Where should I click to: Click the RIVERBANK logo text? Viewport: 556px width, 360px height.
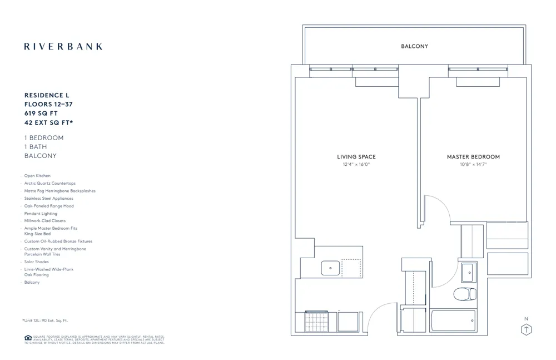(63, 47)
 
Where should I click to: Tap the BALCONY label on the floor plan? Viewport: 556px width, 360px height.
(414, 46)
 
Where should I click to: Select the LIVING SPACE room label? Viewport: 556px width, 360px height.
(356, 157)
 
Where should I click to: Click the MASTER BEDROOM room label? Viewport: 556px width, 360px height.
(473, 157)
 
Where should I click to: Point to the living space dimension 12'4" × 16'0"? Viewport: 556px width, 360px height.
(356, 165)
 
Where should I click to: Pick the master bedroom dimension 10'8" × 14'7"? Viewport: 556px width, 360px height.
(473, 165)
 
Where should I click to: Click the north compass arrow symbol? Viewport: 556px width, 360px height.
(525, 329)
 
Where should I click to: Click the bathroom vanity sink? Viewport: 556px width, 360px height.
(468, 272)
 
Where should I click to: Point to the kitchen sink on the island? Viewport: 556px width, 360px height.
(330, 268)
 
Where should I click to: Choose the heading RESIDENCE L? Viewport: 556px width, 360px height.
(47, 96)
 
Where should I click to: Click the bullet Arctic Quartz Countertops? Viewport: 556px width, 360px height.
(49, 183)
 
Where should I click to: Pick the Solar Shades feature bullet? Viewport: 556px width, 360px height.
(36, 262)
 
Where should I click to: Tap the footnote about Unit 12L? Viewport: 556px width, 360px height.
(44, 320)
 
